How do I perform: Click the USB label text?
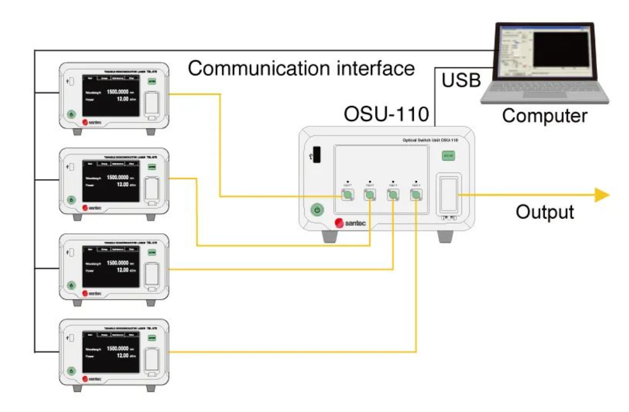[462, 80]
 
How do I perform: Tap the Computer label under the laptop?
[545, 115]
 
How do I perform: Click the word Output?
[545, 212]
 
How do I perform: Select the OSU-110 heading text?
[386, 113]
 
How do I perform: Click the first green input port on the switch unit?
[347, 196]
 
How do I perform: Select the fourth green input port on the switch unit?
[416, 196]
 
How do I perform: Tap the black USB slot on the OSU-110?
[316, 155]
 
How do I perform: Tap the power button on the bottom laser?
[71, 371]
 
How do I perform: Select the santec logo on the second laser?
[92, 207]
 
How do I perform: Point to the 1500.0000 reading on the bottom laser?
[119, 349]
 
